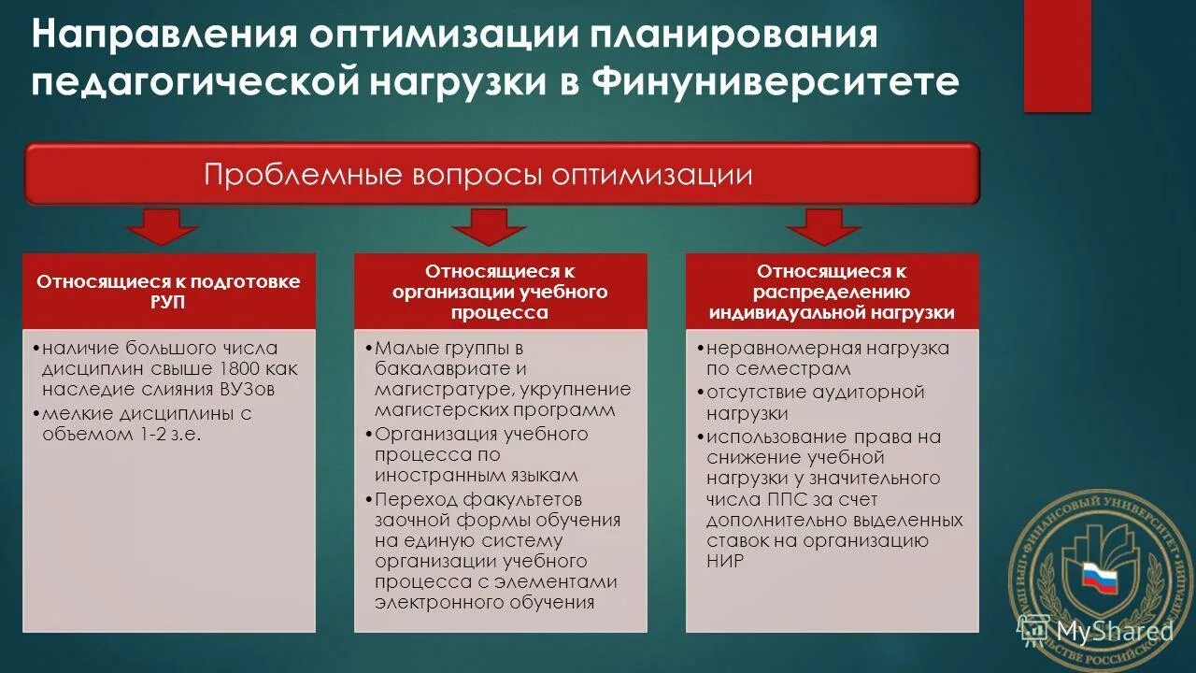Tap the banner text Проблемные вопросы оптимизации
(x=478, y=175)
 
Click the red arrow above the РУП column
(x=164, y=226)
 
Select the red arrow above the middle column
(x=489, y=226)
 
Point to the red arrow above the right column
(x=823, y=226)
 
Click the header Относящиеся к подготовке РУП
(x=168, y=292)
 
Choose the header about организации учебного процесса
(x=500, y=292)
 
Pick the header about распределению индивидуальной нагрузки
(x=832, y=292)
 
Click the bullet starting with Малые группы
(x=500, y=379)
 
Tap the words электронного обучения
(x=485, y=603)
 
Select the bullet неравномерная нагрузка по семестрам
(x=827, y=358)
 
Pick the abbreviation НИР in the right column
(x=725, y=561)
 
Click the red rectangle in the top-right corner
(x=1057, y=56)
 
